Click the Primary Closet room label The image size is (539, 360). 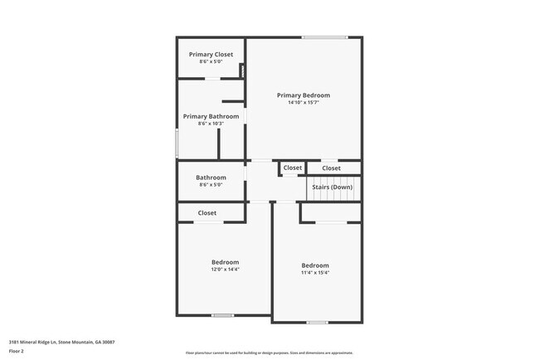pyautogui.click(x=211, y=55)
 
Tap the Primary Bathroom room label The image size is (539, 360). pyautogui.click(x=211, y=117)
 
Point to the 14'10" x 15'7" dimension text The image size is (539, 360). pyautogui.click(x=303, y=104)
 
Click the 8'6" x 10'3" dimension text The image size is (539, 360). pyautogui.click(x=211, y=124)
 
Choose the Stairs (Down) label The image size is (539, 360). pyautogui.click(x=332, y=187)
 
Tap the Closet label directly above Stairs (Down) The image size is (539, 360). pyautogui.click(x=331, y=168)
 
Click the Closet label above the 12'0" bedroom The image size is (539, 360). pyautogui.click(x=207, y=213)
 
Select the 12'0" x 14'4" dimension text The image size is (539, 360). pyautogui.click(x=225, y=269)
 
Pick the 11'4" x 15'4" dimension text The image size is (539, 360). pyautogui.click(x=315, y=273)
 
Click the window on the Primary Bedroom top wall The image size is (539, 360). pyautogui.click(x=324, y=36)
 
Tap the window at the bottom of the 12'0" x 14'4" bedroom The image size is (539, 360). pyautogui.click(x=222, y=315)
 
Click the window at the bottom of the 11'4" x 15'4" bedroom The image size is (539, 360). pyautogui.click(x=317, y=322)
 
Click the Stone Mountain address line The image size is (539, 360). pyautogui.click(x=61, y=342)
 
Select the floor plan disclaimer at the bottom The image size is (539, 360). pyautogui.click(x=269, y=353)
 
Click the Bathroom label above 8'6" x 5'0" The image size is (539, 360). pyautogui.click(x=211, y=178)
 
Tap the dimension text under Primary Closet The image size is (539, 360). pyautogui.click(x=211, y=62)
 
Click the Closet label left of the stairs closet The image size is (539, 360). pyautogui.click(x=293, y=168)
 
